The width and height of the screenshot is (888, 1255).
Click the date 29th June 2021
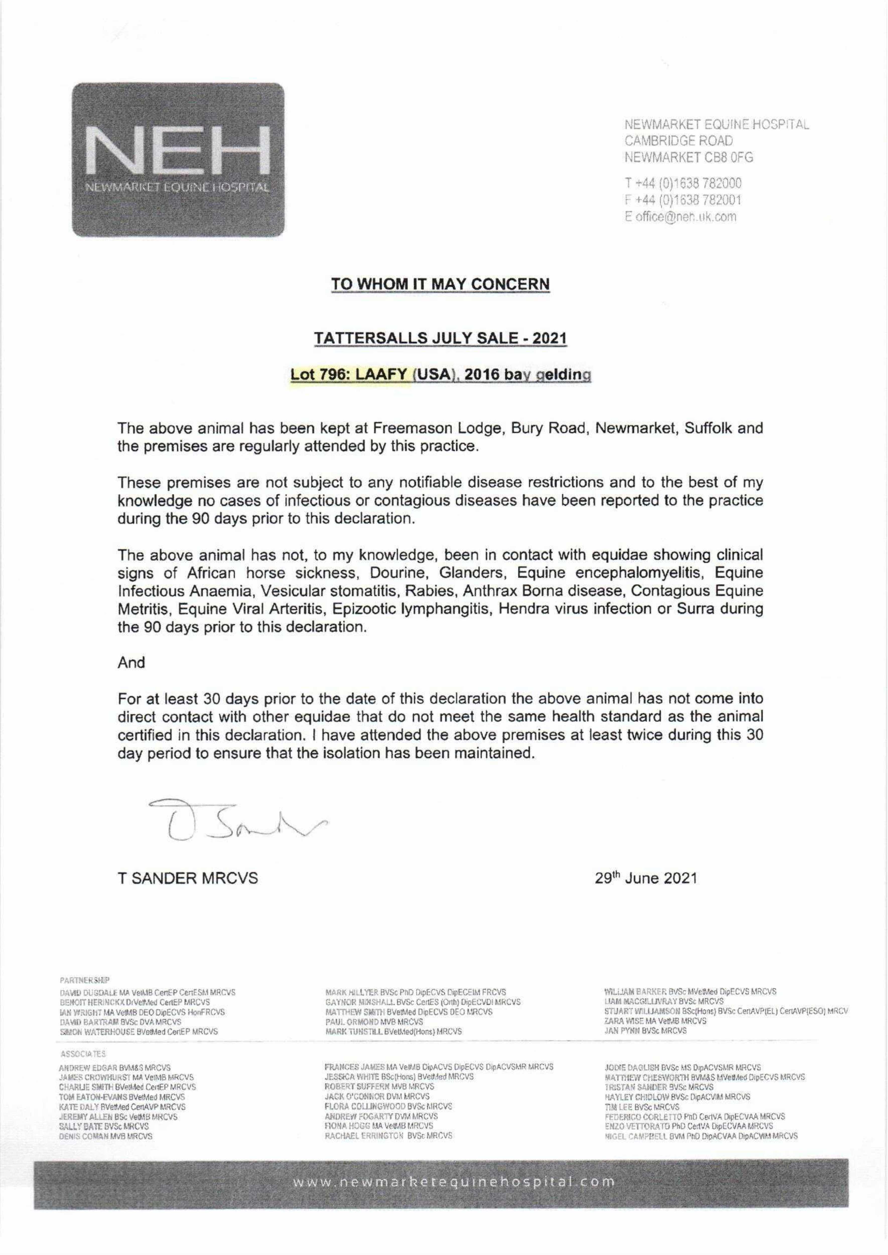point(646,878)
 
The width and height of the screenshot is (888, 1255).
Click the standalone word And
point(131,663)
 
